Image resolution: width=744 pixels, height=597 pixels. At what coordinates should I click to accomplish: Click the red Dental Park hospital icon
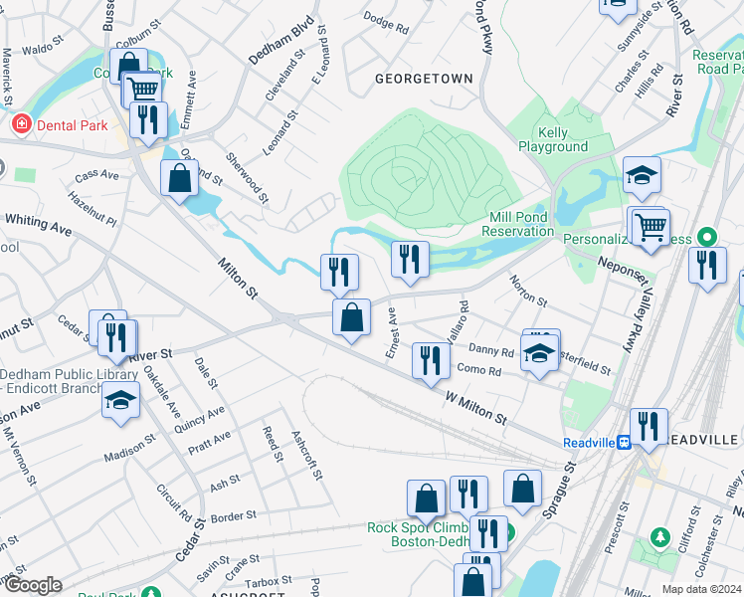click(19, 124)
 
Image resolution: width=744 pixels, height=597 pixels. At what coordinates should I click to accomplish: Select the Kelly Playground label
click(552, 139)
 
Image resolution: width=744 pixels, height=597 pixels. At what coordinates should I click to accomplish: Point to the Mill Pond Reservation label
click(517, 224)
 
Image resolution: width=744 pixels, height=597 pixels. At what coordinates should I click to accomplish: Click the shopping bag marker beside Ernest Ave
click(351, 319)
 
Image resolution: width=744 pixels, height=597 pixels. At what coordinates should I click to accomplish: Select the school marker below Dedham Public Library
click(120, 401)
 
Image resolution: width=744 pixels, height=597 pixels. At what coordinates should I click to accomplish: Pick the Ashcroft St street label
click(305, 453)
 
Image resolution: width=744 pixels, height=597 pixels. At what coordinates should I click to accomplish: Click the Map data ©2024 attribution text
click(702, 589)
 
